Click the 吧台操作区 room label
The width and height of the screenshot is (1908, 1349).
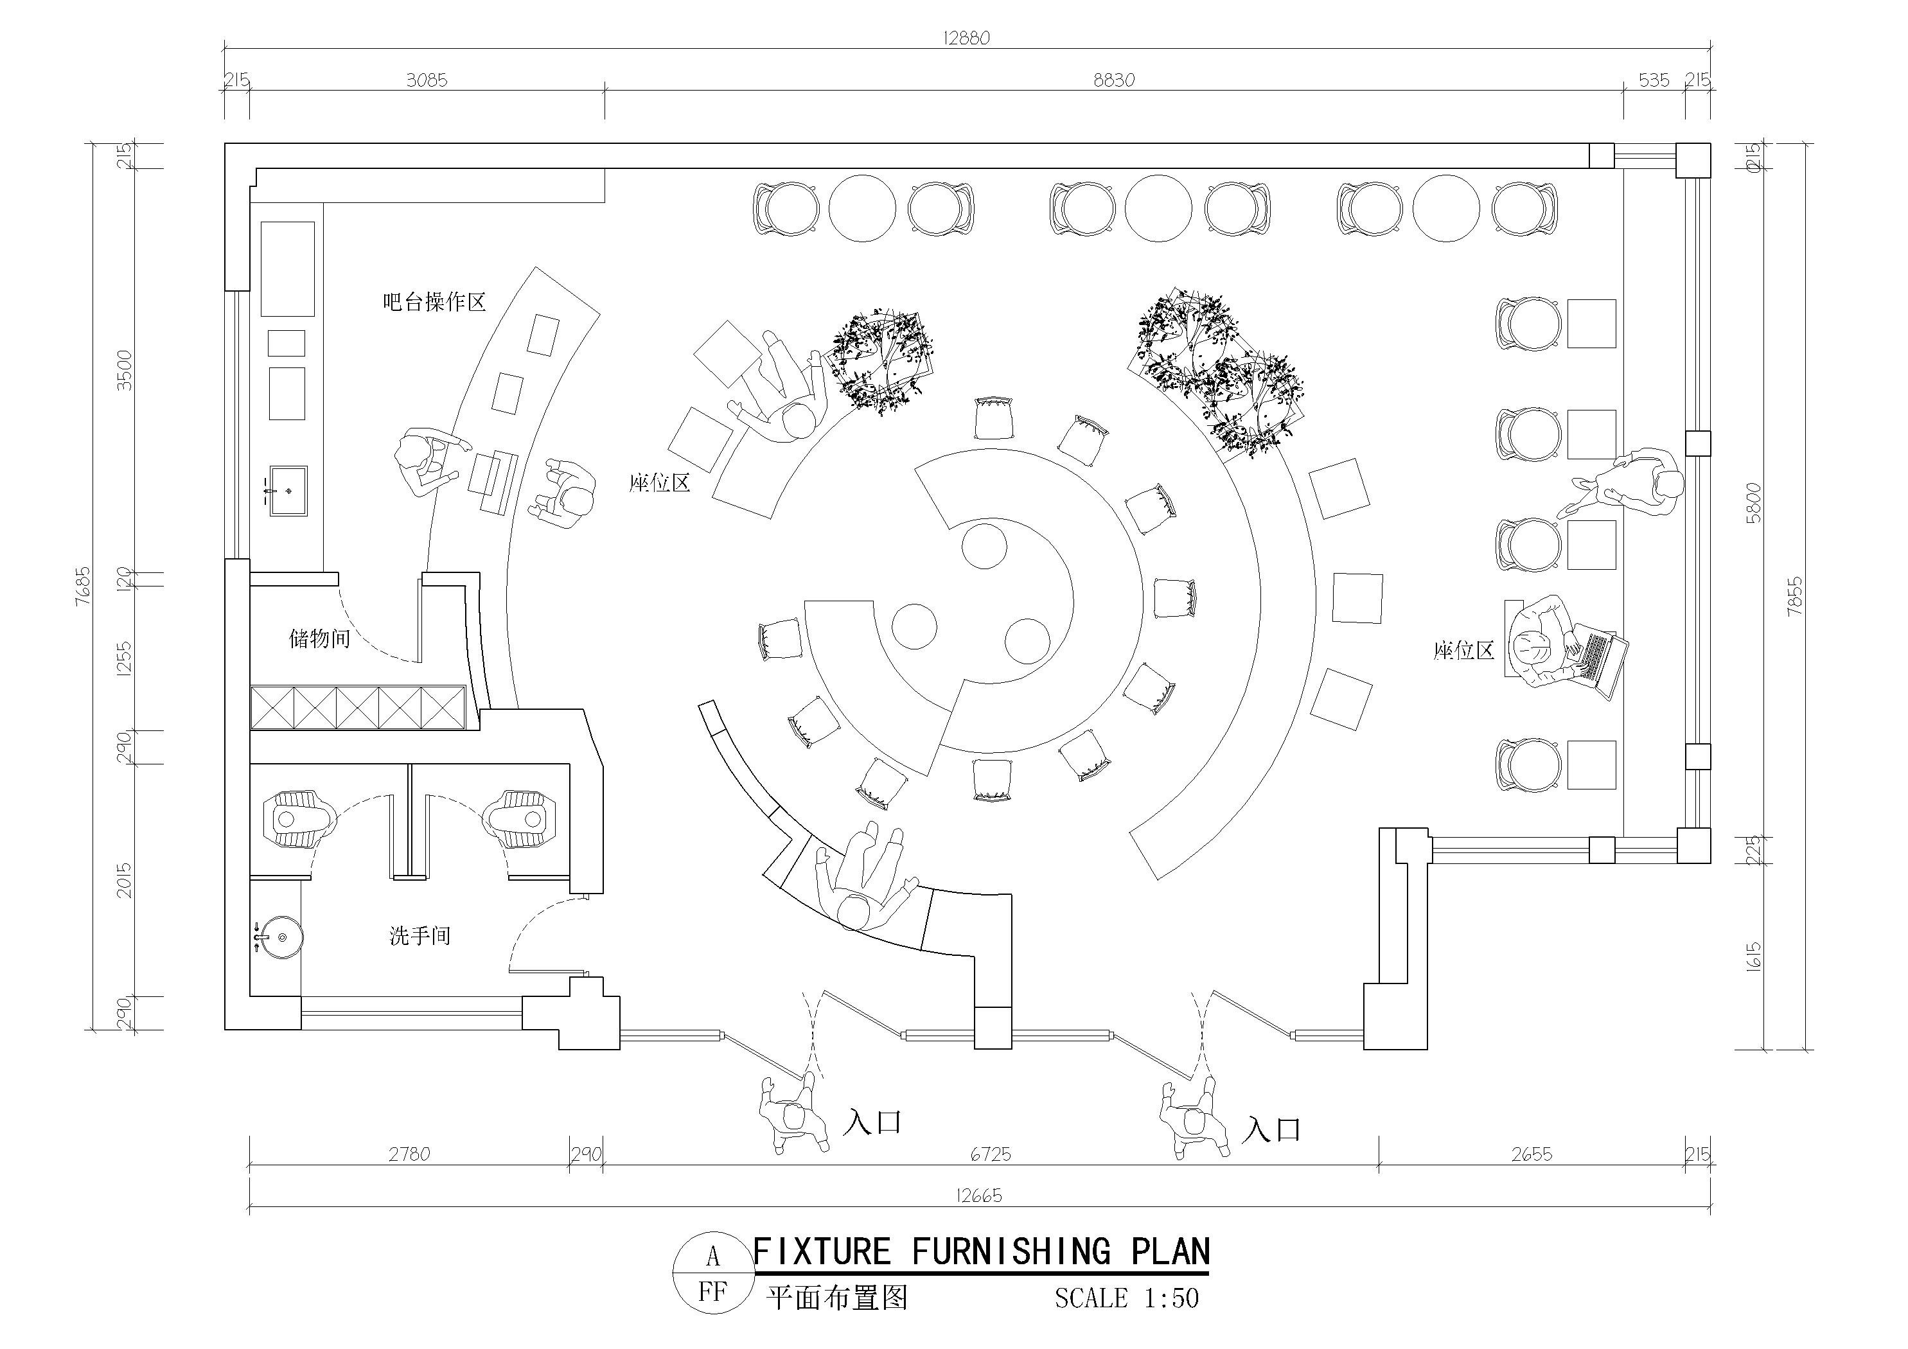click(x=434, y=302)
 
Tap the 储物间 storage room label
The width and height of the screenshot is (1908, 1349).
click(x=319, y=639)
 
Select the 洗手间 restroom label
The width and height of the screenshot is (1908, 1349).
click(x=420, y=936)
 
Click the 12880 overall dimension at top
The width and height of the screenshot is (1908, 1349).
click(x=966, y=39)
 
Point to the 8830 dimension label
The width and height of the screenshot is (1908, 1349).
click(x=1113, y=80)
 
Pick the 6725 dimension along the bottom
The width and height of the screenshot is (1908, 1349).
click(x=991, y=1154)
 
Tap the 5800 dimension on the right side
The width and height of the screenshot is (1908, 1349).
click(x=1753, y=502)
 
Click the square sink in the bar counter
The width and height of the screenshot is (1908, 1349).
click(x=288, y=491)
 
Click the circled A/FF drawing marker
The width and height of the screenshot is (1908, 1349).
click(x=712, y=1273)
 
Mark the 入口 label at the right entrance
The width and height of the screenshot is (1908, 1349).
click(x=1271, y=1129)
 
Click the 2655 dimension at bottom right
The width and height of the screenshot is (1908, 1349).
click(x=1532, y=1154)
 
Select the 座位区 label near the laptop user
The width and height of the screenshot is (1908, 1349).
click(x=1463, y=650)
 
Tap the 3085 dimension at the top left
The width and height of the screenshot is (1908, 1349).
click(x=427, y=80)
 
